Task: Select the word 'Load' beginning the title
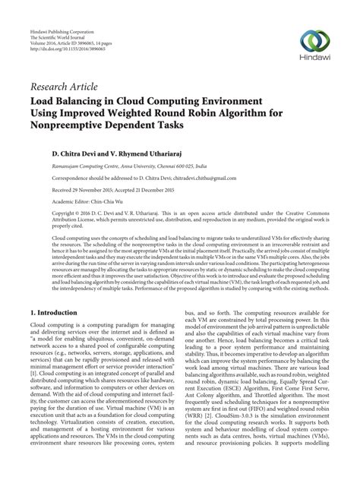pos(43,99)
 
